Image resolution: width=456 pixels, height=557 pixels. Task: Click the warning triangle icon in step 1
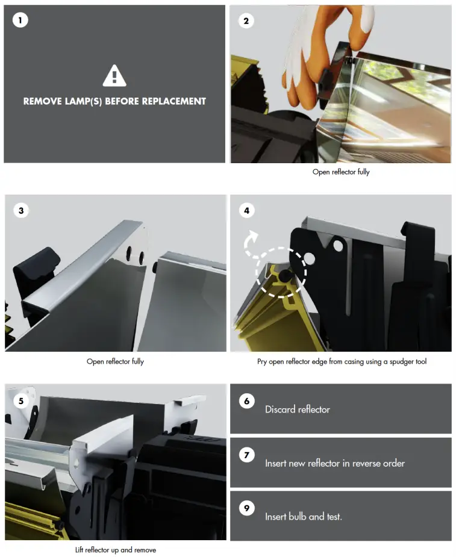coord(114,76)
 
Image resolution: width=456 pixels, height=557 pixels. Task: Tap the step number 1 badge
coord(20,20)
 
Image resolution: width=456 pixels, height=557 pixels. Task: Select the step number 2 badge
coord(246,21)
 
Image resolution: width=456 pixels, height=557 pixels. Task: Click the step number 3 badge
coord(21,211)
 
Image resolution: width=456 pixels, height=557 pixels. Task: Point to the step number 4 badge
coord(246,211)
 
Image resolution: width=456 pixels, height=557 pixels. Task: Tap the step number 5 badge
coord(21,401)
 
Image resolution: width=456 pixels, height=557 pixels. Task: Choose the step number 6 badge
coord(246,401)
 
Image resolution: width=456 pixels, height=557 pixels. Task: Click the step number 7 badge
coord(246,455)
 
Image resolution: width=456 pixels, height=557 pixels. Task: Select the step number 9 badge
coord(246,508)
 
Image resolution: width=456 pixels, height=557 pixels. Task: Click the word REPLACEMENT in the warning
coord(174,101)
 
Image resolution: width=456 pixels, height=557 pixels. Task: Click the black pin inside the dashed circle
coord(284,275)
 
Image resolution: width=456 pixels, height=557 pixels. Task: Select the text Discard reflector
coord(298,409)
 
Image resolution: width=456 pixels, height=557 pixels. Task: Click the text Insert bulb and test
coord(304,517)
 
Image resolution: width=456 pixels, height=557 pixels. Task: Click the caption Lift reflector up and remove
coord(116,550)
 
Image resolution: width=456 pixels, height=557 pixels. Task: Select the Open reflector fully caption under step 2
coord(341,172)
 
